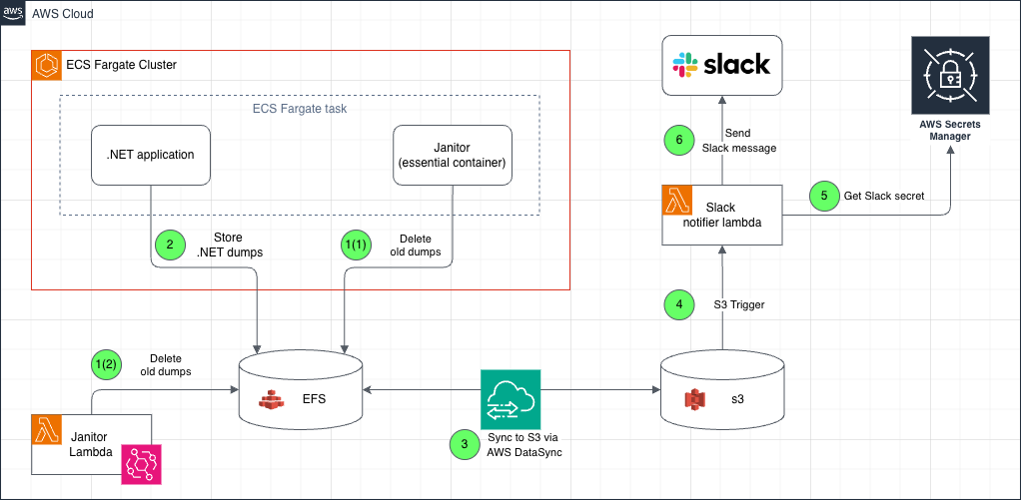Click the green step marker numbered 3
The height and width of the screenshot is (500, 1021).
coord(463,442)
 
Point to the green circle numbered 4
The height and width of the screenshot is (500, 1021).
coord(678,304)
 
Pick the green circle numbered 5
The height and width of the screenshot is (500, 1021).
coord(824,196)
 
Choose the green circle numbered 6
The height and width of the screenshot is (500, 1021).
coord(679,142)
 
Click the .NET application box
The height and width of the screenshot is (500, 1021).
coord(152,155)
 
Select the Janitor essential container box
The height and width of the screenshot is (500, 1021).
coord(453,155)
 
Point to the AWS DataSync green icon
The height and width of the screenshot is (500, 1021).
coord(510,398)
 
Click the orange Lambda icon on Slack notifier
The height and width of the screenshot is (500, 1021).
coord(676,200)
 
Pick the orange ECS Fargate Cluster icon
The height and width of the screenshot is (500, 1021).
coord(46,66)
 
